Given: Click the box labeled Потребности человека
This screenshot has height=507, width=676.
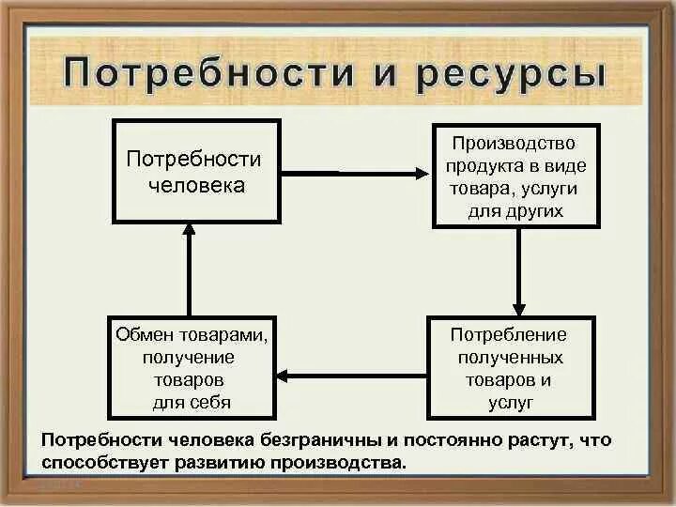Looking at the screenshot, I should pyautogui.click(x=196, y=171).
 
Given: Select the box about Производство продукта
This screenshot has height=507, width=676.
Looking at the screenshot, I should pyautogui.click(x=515, y=177).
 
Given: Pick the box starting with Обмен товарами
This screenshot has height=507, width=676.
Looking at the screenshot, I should pyautogui.click(x=193, y=367).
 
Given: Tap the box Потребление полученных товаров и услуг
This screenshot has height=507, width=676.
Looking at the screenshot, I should pyautogui.click(x=511, y=367).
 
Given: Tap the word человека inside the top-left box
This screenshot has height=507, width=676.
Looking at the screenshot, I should pyautogui.click(x=196, y=185).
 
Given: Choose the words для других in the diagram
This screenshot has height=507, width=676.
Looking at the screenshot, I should pyautogui.click(x=515, y=210).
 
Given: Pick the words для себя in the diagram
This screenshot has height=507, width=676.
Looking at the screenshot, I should pyautogui.click(x=192, y=403).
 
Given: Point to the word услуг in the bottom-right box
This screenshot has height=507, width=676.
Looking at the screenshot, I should pyautogui.click(x=511, y=402).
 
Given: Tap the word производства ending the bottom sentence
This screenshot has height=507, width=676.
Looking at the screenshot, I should pyautogui.click(x=340, y=462).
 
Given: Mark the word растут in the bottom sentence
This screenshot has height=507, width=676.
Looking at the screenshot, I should pyautogui.click(x=538, y=440).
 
